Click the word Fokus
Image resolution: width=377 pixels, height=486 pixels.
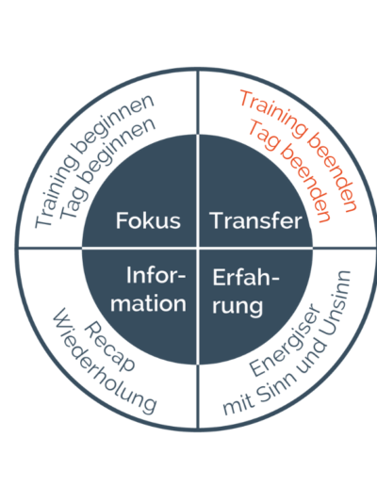pos(148,220)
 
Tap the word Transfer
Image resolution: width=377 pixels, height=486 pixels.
pos(256,220)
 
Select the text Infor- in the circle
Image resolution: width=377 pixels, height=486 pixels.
pos(156,275)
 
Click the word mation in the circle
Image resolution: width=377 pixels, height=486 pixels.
pos(148,303)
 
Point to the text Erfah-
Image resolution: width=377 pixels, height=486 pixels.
pos(246,277)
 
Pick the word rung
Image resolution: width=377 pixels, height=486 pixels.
pos(238,306)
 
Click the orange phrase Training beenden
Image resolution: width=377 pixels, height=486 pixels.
pos(299,151)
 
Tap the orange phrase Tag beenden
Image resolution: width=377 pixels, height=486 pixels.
pos(289,171)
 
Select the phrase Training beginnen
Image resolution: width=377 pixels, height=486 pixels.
pos(94,160)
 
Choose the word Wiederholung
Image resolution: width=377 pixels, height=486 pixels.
pos(105,361)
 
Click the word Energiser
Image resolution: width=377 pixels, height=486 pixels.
pos(286,340)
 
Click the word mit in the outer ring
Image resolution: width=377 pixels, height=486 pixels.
pos(238,407)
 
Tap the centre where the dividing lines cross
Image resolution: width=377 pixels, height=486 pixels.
pos(198,249)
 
